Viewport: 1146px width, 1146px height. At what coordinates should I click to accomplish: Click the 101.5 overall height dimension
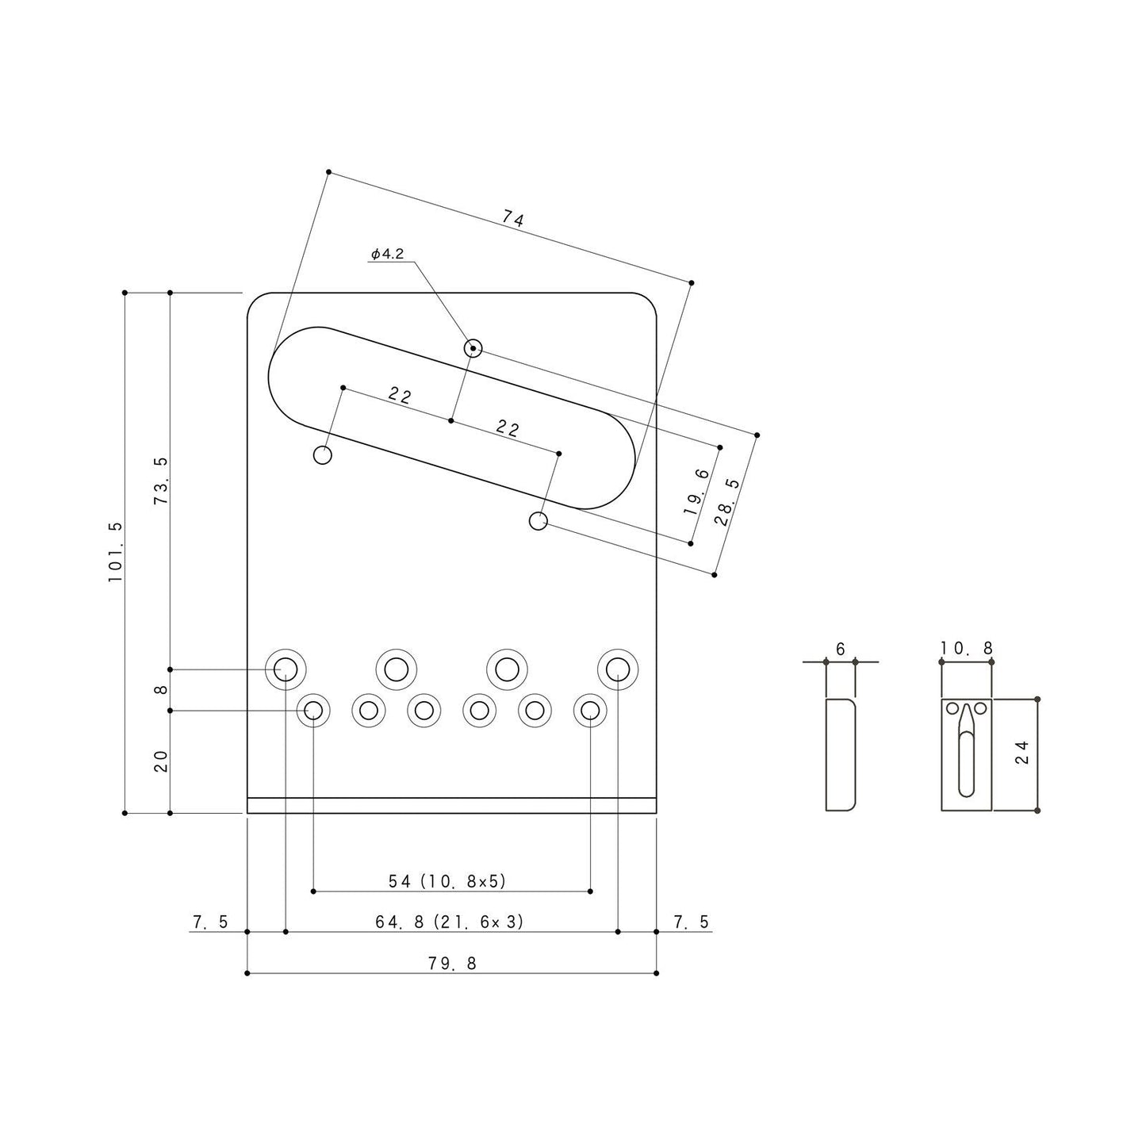(x=116, y=552)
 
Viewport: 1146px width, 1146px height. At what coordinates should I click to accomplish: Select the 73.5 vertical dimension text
(x=161, y=481)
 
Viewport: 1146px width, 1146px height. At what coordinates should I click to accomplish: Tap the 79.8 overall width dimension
(x=452, y=963)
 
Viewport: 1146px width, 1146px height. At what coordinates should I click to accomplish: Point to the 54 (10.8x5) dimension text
(x=447, y=880)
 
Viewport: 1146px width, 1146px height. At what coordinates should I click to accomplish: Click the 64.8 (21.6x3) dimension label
(x=450, y=922)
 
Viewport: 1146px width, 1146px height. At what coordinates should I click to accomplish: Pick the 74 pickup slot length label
(x=513, y=218)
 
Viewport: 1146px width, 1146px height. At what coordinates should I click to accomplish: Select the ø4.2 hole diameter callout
(x=388, y=254)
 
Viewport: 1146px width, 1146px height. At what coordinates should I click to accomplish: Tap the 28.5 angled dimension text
(x=726, y=502)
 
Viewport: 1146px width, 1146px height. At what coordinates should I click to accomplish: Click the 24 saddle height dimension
(x=1021, y=751)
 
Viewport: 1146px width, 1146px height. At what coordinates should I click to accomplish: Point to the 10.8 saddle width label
(x=967, y=649)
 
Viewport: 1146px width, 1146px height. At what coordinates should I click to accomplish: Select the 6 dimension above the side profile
(x=841, y=649)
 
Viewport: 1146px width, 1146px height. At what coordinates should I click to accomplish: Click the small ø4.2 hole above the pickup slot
(x=473, y=348)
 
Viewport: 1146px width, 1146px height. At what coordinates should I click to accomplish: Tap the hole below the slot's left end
(x=323, y=455)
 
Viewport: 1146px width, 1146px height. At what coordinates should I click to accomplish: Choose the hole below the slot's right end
(x=538, y=521)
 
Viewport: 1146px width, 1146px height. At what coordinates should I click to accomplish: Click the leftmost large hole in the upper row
(x=286, y=670)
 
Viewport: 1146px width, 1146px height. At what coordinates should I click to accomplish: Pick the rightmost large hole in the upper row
(x=619, y=670)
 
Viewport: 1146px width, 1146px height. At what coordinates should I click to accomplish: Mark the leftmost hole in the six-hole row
(x=313, y=710)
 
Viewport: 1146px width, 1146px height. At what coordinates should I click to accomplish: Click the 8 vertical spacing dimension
(x=161, y=690)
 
